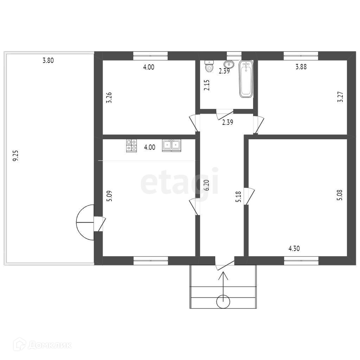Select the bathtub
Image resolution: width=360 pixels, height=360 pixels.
[x=246, y=79]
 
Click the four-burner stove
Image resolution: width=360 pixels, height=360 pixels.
[x=131, y=146]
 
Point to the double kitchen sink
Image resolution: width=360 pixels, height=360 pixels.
[x=172, y=145]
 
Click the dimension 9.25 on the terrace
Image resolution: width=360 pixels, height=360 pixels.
[x=15, y=156]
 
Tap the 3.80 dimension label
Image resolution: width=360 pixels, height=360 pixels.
[x=48, y=60]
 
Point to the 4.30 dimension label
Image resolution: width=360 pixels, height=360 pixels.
[x=294, y=249]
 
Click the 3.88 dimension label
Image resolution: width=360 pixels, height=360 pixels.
[x=301, y=67]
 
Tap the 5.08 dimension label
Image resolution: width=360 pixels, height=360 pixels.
[x=340, y=195]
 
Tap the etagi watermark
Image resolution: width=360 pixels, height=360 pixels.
[x=179, y=181]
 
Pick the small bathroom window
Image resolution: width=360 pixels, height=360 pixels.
[x=234, y=54]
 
